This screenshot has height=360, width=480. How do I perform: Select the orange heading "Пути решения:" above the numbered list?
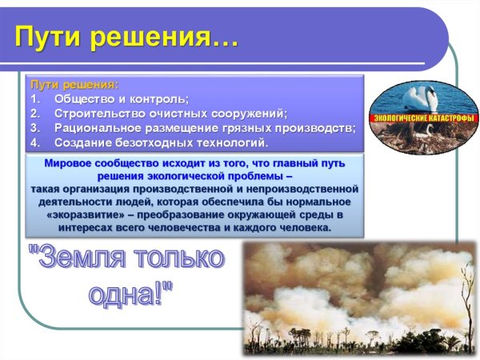coord(74,85)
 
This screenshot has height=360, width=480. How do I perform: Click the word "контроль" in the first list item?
coord(159,99)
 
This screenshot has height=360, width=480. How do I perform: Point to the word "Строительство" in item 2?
coord(101,114)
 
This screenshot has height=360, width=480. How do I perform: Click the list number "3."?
coord(35,128)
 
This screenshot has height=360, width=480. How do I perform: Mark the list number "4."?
coord(35,142)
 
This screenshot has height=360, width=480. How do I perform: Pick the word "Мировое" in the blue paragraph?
coord(66,163)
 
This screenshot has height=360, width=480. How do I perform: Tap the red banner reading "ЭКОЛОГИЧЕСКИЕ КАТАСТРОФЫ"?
coord(422,118)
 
